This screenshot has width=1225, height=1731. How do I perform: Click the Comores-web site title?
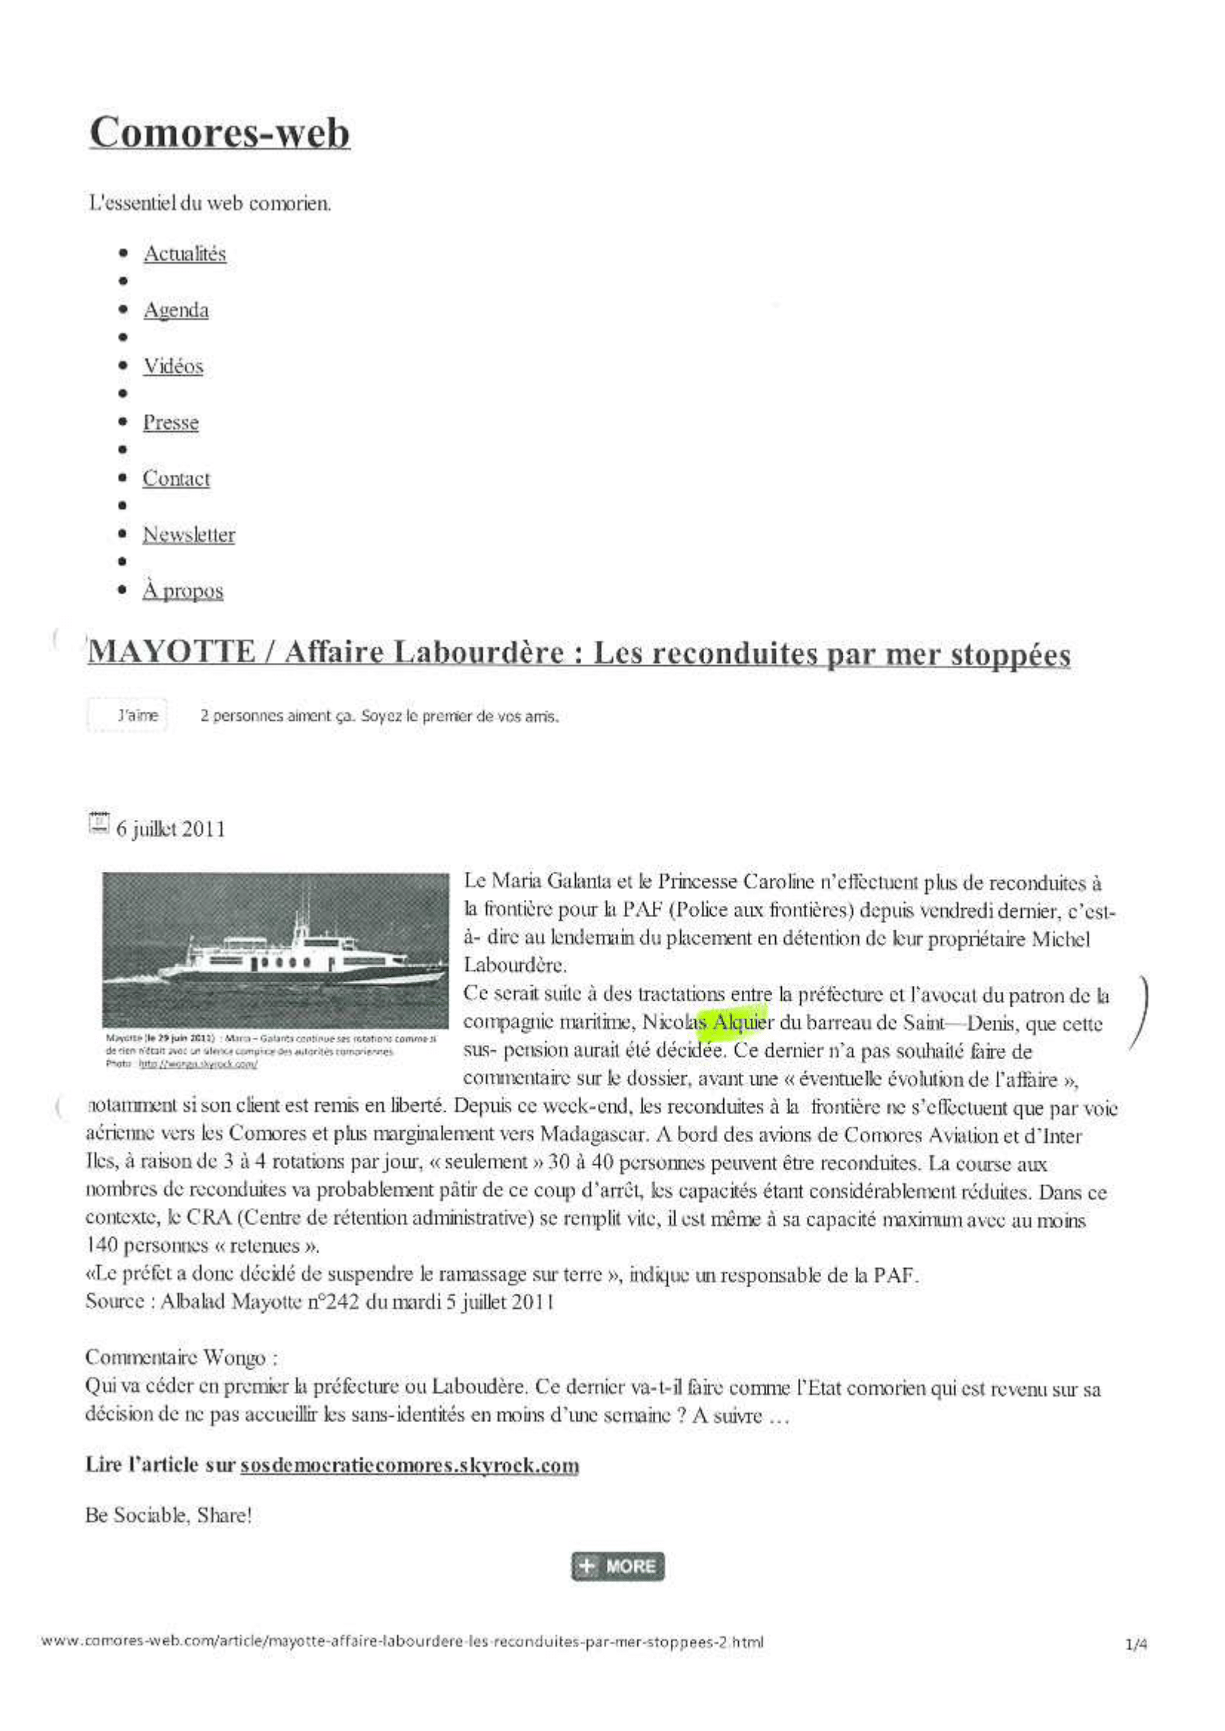(x=219, y=133)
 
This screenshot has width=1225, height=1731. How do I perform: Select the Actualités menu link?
(x=185, y=254)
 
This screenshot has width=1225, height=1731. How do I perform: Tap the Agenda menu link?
(x=176, y=310)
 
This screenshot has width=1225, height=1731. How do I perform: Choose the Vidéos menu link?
(x=173, y=367)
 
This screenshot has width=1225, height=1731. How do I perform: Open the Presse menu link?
(x=171, y=422)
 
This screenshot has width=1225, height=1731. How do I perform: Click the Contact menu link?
(x=176, y=478)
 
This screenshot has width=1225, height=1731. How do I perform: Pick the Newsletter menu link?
(x=188, y=535)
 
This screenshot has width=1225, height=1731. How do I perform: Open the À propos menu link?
(x=182, y=591)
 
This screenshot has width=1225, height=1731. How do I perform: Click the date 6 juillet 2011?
(x=170, y=830)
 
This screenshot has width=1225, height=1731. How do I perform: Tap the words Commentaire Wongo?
(x=181, y=1358)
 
